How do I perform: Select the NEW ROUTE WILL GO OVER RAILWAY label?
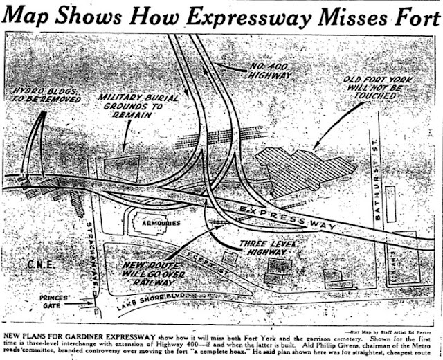[151, 276]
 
